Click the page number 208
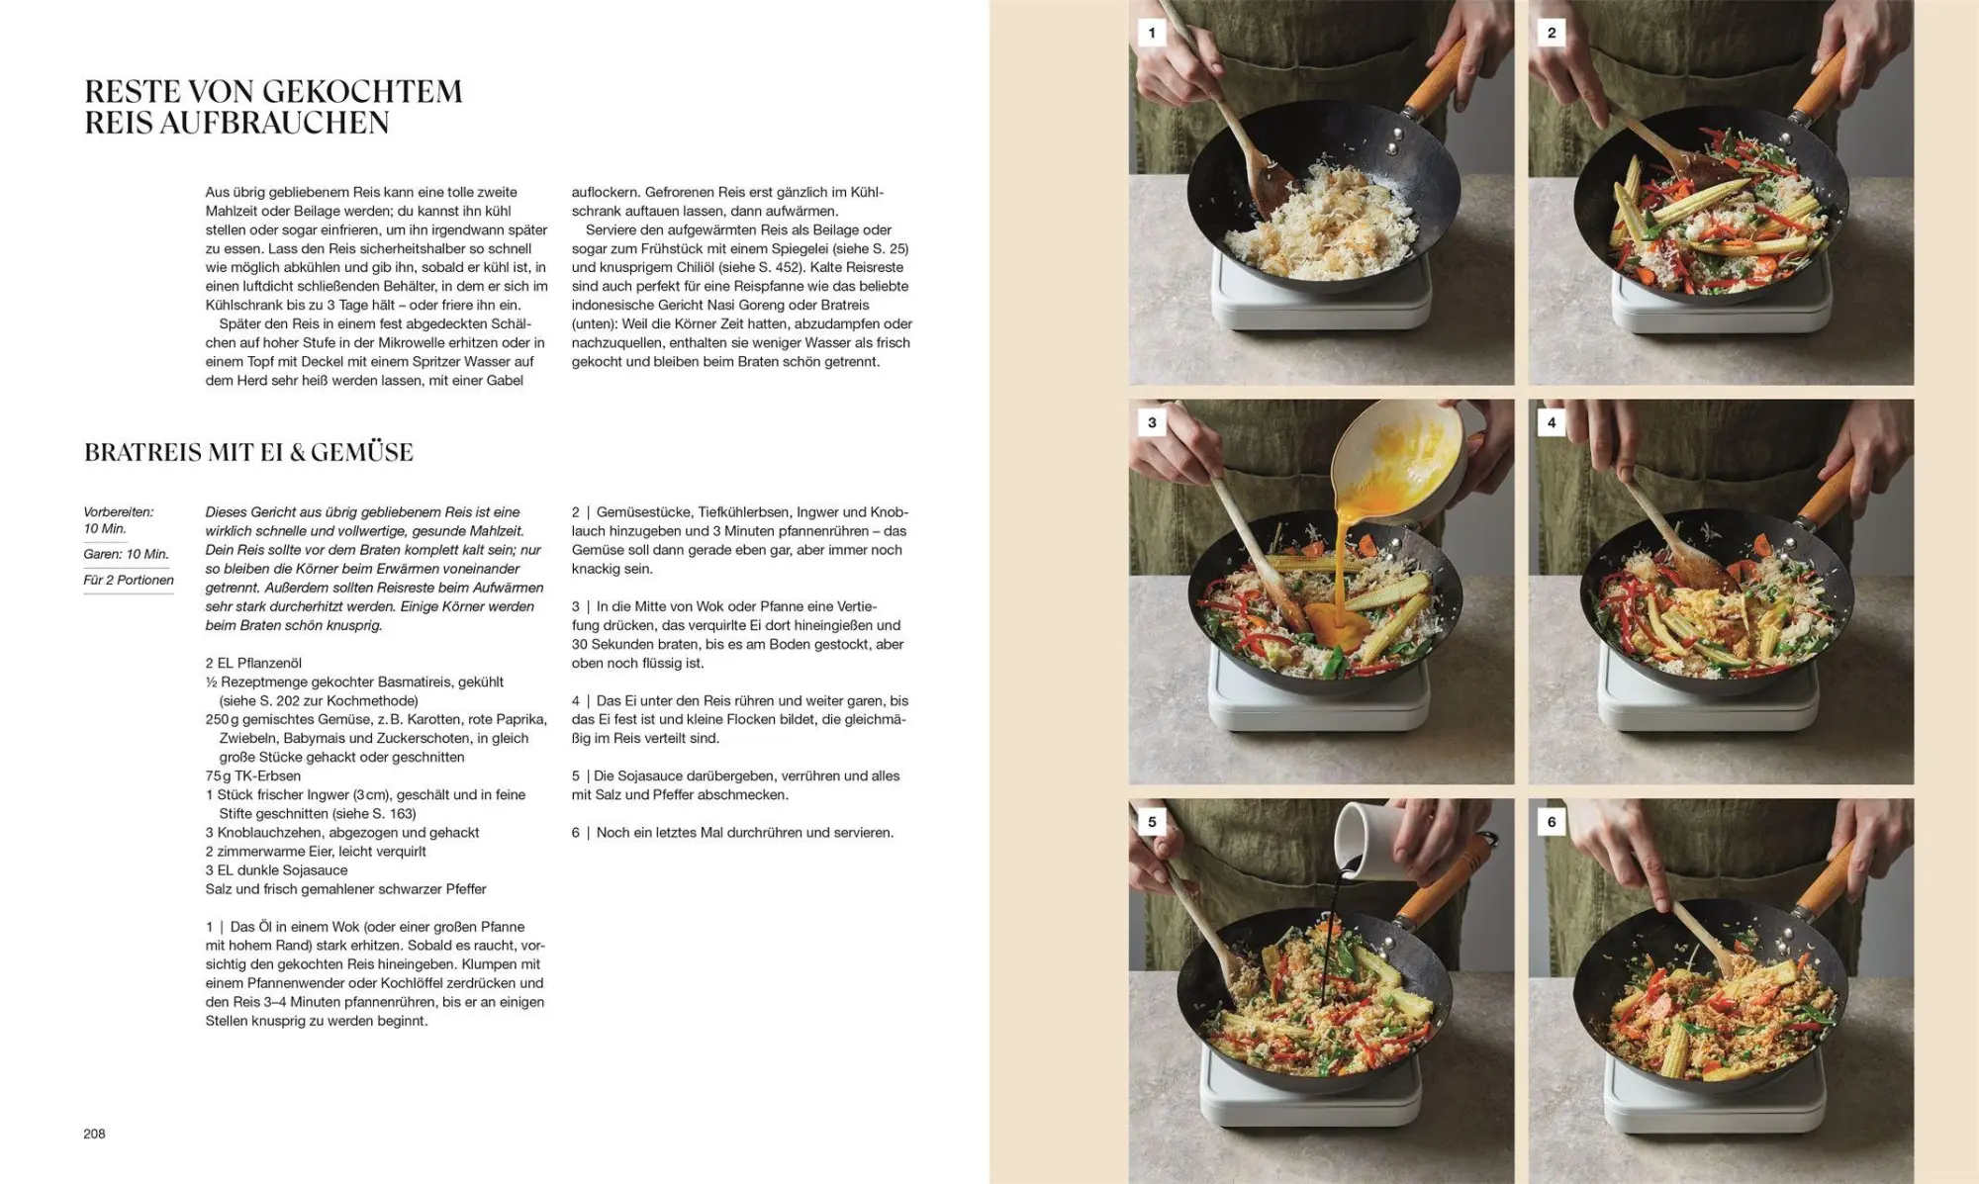pos(94,1134)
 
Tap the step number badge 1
pos(1151,33)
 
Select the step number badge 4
pos(1551,422)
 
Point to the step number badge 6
pos(1551,821)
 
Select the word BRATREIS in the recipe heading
pos(143,452)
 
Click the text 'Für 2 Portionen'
pos(129,580)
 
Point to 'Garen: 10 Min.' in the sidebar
pos(126,554)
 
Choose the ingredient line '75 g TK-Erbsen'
pos(253,775)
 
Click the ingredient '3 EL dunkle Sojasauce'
pos(276,869)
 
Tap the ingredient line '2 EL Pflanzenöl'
pos(253,663)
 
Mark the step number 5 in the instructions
pos(575,775)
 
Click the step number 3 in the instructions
pos(575,606)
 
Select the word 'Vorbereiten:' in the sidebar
pos(119,512)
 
